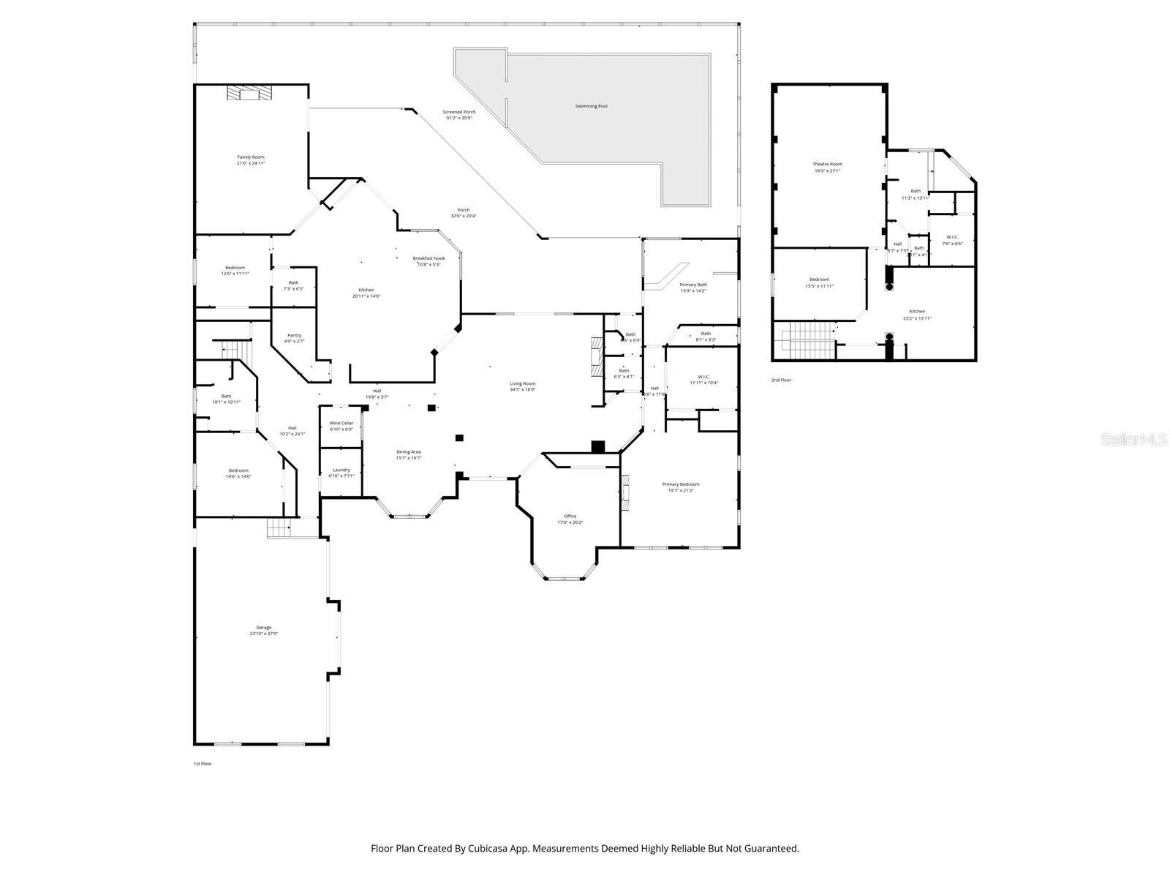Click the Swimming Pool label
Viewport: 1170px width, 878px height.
click(x=591, y=107)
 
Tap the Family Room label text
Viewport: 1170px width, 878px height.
click(x=250, y=157)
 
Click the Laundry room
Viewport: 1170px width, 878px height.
click(x=341, y=472)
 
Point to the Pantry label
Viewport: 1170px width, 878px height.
click(x=294, y=335)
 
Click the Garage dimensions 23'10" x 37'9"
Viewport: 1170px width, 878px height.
click(x=263, y=634)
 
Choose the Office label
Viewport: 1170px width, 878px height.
click(x=570, y=517)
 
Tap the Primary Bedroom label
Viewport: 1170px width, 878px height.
click(x=680, y=484)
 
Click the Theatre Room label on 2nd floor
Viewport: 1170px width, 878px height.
click(x=827, y=165)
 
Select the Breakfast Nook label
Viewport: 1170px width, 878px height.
click(x=429, y=258)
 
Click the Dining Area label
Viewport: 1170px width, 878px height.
click(x=408, y=452)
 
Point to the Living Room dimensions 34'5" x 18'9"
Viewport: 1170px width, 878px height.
click(x=522, y=390)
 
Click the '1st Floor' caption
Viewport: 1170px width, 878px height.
click(x=203, y=764)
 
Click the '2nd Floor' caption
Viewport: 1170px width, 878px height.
click(x=781, y=380)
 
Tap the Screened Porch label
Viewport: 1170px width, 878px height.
click(x=458, y=112)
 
